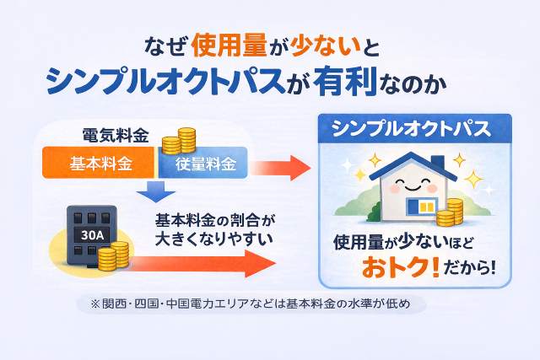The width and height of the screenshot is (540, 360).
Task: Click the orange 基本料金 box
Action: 100,163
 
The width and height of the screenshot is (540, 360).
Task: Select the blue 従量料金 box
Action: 203,163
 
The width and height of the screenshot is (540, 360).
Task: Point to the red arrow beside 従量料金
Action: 283,165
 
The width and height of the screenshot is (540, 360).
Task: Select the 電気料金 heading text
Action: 116,135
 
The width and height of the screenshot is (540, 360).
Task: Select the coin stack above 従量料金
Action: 179,139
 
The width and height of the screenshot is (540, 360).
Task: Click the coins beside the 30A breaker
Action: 112,255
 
